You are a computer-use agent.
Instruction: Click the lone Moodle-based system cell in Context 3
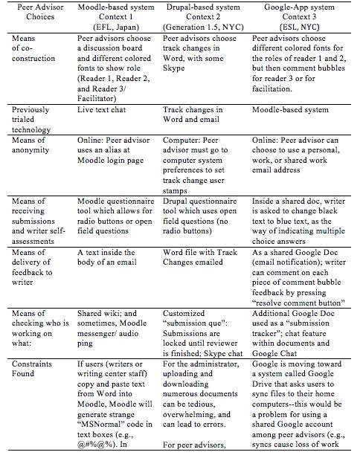pos(292,109)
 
